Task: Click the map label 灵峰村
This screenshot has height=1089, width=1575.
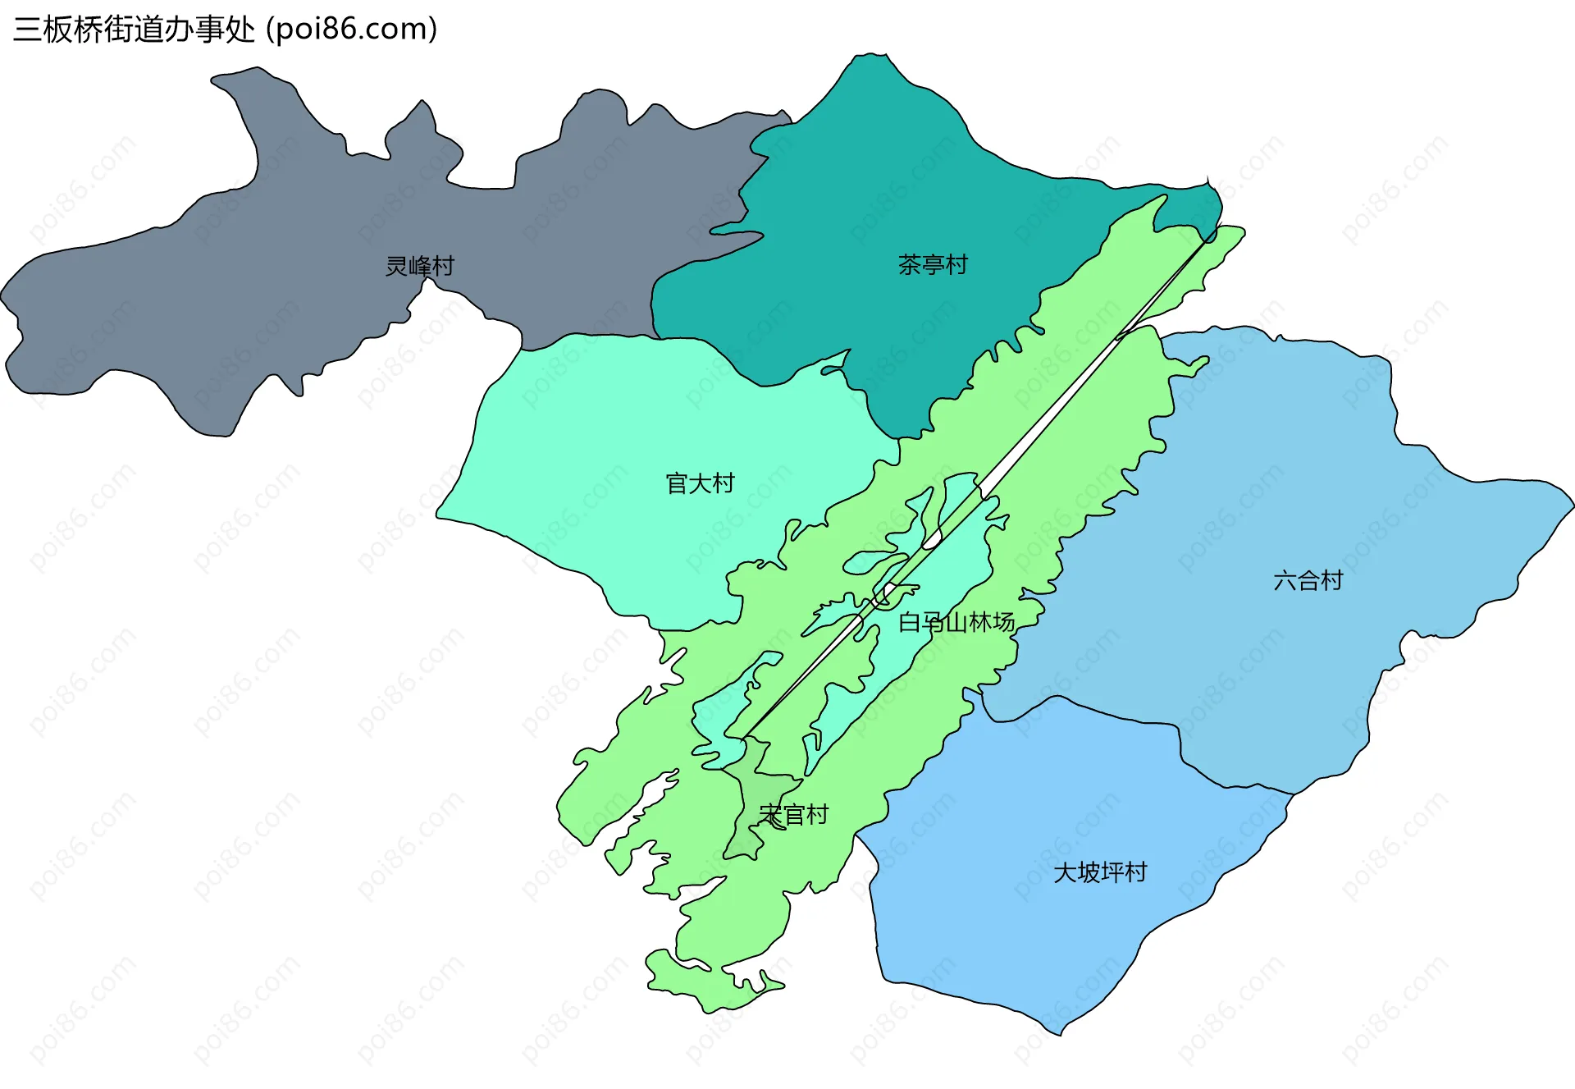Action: pos(419,266)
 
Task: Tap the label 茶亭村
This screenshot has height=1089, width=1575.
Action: pos(933,264)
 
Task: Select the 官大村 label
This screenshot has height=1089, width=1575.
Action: pos(700,483)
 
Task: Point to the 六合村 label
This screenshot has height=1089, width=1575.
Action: pos(1308,581)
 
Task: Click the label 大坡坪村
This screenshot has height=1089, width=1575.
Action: pos(1100,872)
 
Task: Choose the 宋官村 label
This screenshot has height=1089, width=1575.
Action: pos(794,815)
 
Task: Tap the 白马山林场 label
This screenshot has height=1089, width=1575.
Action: pos(956,622)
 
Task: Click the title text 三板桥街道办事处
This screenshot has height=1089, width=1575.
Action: pos(135,30)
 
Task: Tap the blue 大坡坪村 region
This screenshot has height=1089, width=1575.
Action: pos(1025,944)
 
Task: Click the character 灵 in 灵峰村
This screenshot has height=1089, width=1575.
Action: pos(397,266)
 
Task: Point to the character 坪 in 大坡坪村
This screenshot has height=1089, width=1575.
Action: pos(1112,872)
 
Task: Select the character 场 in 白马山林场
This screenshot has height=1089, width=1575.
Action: pos(1003,622)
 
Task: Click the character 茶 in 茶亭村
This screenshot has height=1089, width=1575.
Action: pos(910,264)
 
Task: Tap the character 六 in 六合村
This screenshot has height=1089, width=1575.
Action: pos(1285,581)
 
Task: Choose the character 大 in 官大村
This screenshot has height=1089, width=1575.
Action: pos(700,483)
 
